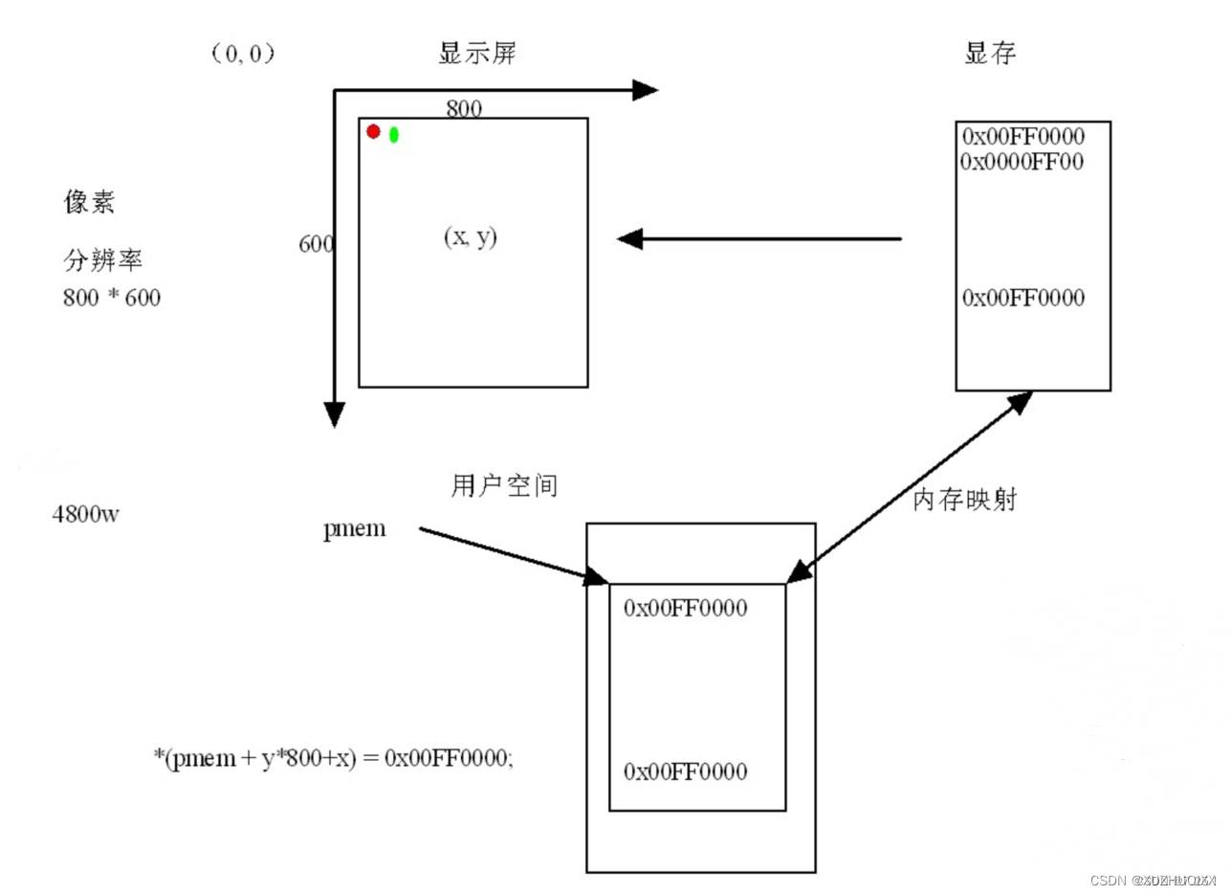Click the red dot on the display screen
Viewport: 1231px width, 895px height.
click(373, 131)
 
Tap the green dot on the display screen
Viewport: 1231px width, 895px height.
click(393, 135)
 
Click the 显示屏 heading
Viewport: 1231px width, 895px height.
click(477, 54)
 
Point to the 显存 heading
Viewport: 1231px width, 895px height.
click(990, 54)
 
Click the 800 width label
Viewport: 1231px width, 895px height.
click(464, 108)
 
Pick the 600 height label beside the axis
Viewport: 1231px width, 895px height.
click(316, 244)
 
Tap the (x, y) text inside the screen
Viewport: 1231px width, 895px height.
click(471, 237)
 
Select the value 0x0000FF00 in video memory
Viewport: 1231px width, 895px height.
click(1022, 162)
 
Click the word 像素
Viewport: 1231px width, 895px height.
click(90, 202)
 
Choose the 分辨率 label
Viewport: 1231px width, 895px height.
click(102, 261)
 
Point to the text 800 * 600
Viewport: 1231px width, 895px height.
click(112, 298)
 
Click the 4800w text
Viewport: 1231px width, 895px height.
click(86, 514)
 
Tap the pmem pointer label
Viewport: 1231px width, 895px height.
click(355, 527)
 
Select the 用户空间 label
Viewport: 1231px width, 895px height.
click(503, 486)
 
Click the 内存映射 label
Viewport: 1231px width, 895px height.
click(964, 501)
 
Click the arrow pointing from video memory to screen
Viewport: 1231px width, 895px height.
click(759, 238)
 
